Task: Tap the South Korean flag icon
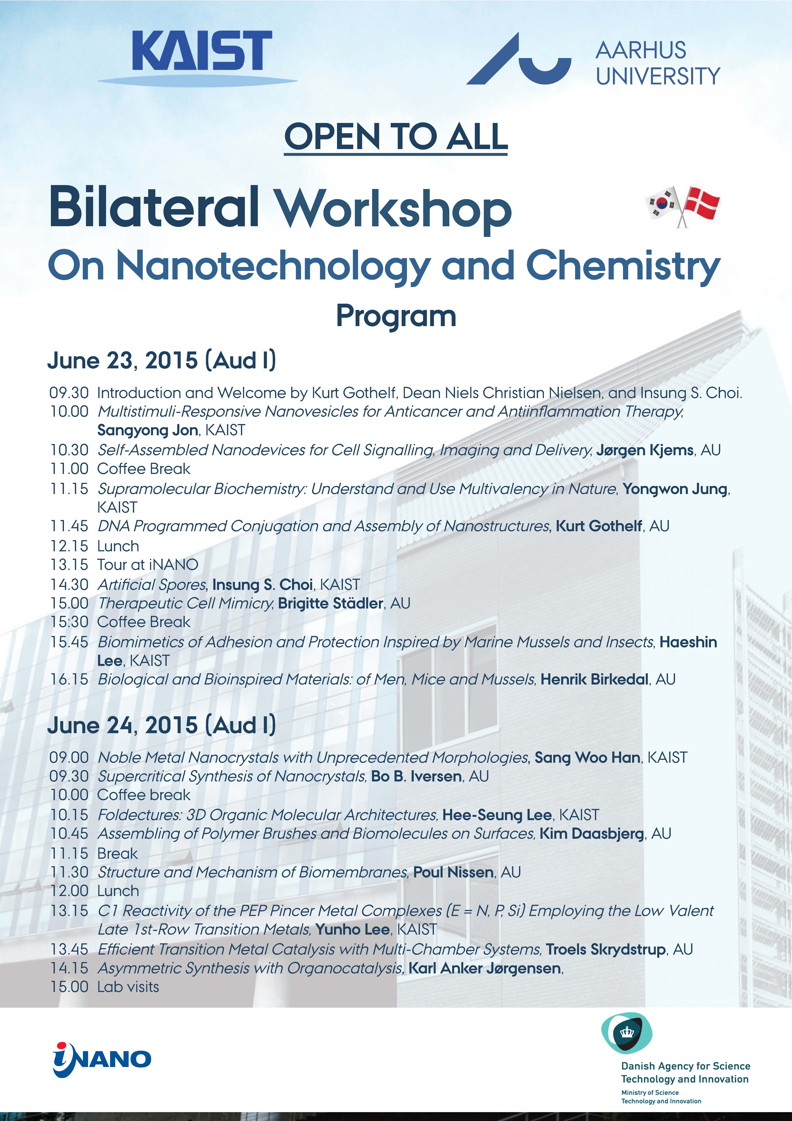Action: pos(662,203)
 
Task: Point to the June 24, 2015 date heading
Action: pos(161,726)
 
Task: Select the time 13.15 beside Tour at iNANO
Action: pos(69,565)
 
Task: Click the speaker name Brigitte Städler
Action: pos(330,603)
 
